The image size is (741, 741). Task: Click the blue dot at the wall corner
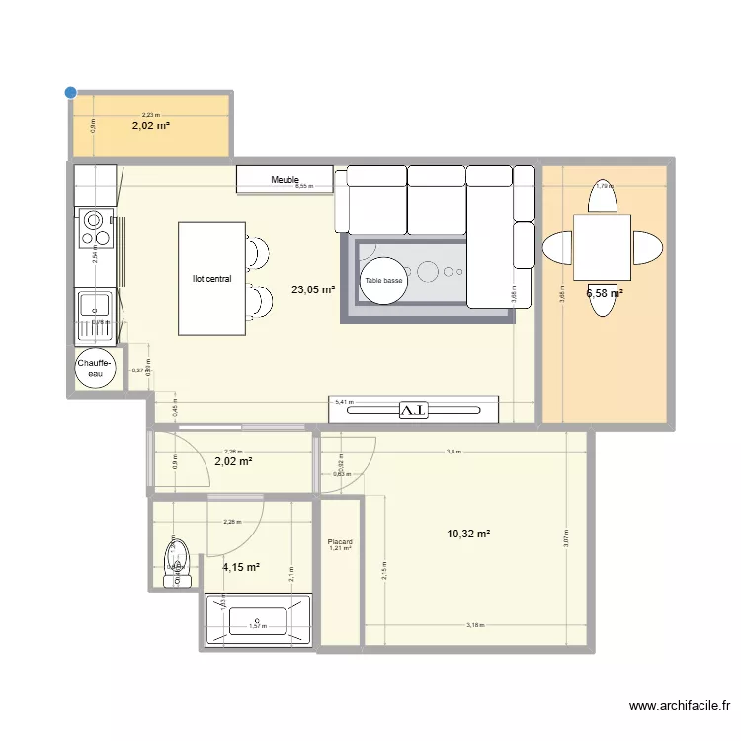70,93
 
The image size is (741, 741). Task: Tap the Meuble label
285,180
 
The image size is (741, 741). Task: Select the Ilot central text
211,279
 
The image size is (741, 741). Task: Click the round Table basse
383,281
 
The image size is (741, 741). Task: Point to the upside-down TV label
413,409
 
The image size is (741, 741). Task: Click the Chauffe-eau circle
96,369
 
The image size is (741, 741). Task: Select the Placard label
340,542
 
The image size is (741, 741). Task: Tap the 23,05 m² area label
312,290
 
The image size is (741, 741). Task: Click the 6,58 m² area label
604,293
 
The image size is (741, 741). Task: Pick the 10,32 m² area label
468,534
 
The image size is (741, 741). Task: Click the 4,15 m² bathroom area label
241,567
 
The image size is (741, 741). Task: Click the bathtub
257,620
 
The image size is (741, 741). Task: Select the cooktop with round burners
96,229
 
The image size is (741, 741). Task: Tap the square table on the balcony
604,247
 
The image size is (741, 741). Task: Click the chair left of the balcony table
558,247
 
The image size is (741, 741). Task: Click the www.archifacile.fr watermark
679,706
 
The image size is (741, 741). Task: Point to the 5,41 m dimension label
343,402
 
